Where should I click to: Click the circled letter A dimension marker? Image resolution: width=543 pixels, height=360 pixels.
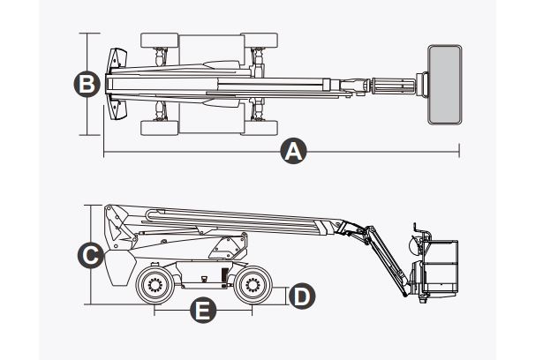pos(293,152)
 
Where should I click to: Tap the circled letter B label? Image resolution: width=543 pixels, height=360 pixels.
pos(86,84)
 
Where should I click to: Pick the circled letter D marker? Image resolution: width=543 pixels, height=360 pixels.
pos(301,296)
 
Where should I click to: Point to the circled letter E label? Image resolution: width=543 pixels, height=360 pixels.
pos(204,311)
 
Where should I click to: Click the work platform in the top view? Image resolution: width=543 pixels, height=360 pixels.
pos(445,84)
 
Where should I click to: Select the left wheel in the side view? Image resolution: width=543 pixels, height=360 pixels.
pos(155,284)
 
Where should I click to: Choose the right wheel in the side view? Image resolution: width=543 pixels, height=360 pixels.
pos(251,284)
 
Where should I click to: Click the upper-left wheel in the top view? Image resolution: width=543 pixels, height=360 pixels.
pos(160,41)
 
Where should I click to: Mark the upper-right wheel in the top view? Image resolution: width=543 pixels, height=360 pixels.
pos(260,41)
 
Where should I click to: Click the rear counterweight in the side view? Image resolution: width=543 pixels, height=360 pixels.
pos(117,265)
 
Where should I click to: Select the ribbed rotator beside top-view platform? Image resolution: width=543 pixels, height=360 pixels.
pos(393,85)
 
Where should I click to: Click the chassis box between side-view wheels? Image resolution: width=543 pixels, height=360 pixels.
pos(203,279)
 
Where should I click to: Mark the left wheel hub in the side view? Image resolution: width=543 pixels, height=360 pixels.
pos(155,284)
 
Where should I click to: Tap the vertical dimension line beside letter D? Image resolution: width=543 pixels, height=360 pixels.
pos(284,296)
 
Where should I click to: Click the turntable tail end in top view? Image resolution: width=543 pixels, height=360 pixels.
pos(115,84)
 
